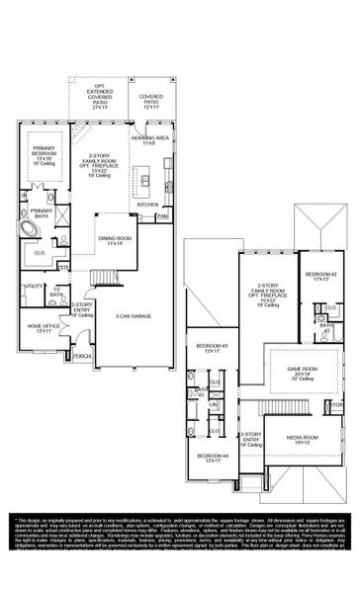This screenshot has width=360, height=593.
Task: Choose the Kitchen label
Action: point(147,204)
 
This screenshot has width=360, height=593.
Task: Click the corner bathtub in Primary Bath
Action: point(31,227)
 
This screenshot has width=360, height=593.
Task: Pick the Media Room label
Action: point(303,438)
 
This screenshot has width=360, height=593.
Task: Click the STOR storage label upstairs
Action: point(335,405)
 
